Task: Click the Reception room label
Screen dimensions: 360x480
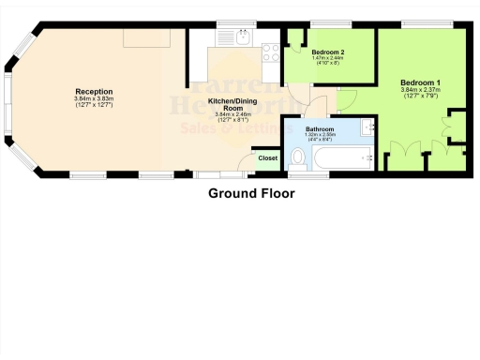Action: pos(94,91)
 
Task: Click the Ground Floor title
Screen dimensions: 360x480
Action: pos(250,194)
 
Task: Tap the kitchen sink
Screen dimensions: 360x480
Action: pos(242,40)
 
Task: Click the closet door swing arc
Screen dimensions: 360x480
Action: pos(272,169)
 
